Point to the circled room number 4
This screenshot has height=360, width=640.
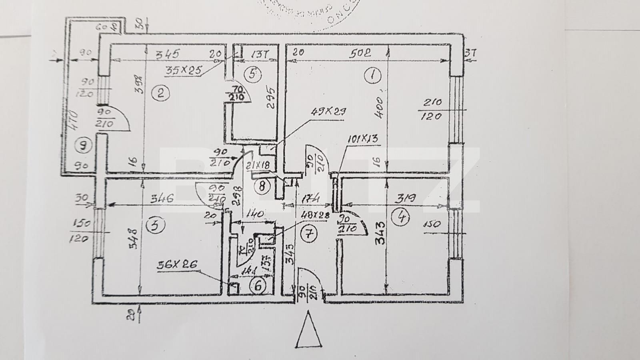pos(402,217)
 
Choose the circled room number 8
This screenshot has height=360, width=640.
pos(262,186)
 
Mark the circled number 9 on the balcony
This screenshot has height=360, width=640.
pos(84,146)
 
